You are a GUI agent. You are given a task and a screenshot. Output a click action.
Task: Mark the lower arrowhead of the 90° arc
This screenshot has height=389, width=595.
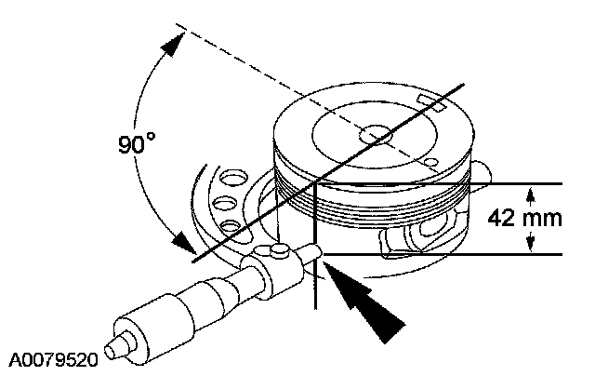pos(179,244)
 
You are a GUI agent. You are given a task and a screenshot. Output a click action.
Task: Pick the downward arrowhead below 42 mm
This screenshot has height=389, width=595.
pos(530,244)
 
